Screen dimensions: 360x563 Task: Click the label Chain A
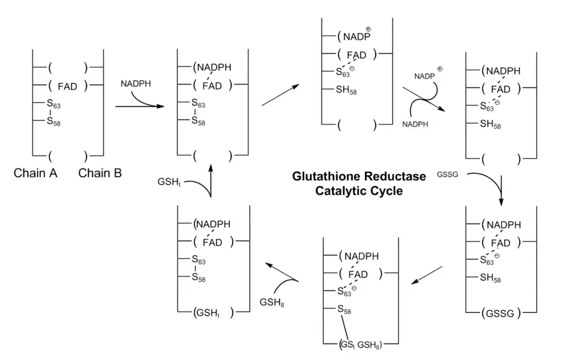pyautogui.click(x=35, y=173)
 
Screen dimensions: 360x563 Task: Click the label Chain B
pyautogui.click(x=100, y=173)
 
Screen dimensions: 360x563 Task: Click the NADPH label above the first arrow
pyautogui.click(x=135, y=84)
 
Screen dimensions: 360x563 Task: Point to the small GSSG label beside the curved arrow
pyautogui.click(x=446, y=175)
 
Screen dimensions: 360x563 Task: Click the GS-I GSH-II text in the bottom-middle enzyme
pyautogui.click(x=360, y=344)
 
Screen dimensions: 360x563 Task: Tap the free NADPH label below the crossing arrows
pyautogui.click(x=414, y=124)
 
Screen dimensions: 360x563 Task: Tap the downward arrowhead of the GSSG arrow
pyautogui.click(x=501, y=201)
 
